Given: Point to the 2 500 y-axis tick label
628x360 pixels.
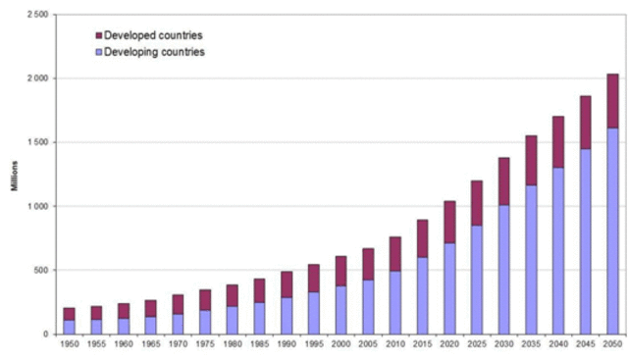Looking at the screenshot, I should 40,15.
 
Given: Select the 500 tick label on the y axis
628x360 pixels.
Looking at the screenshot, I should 45,270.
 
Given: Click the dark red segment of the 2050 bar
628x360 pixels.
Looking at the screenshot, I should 610,101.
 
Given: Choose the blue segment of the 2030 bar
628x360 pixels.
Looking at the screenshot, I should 502,269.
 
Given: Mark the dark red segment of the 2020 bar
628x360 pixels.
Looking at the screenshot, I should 448,222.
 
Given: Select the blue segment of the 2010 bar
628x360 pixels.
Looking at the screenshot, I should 393,302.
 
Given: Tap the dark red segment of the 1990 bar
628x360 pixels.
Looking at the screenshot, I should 286,284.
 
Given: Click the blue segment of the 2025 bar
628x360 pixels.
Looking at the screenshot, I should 475,280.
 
